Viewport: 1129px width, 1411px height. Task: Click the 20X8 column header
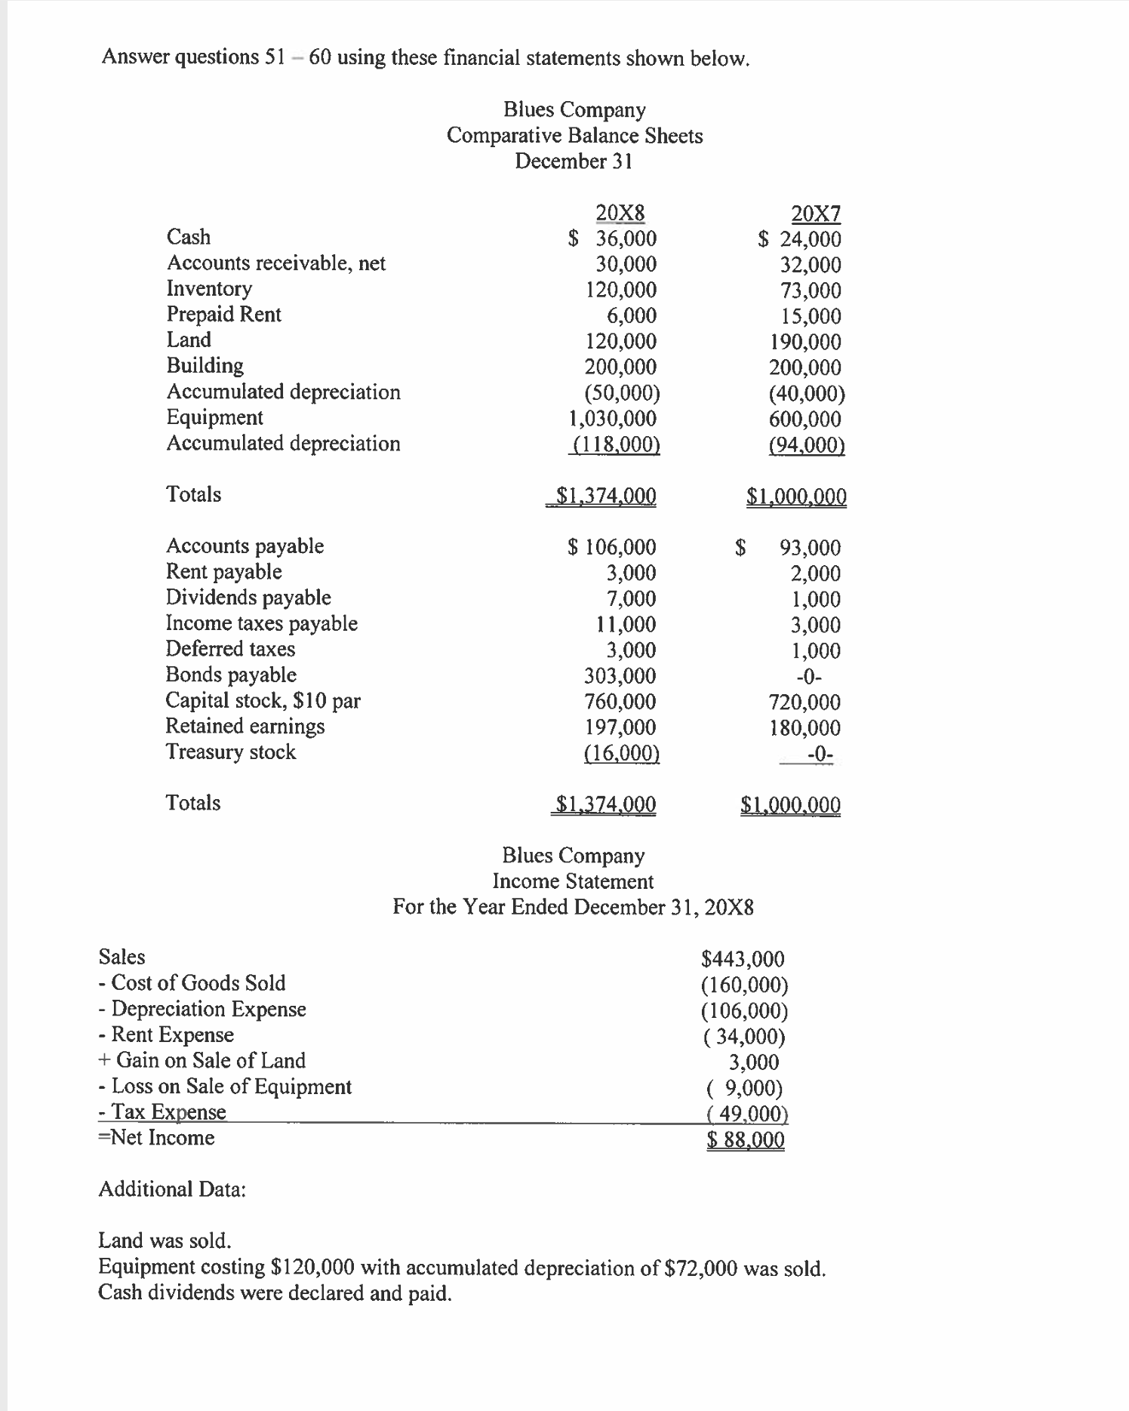click(620, 213)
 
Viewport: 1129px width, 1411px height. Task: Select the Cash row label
click(189, 237)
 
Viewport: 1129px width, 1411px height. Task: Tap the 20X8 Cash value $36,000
click(613, 239)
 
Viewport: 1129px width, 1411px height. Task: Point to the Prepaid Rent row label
click(223, 314)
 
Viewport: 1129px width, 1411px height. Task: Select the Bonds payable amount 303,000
click(620, 675)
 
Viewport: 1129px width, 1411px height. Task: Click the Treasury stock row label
click(231, 752)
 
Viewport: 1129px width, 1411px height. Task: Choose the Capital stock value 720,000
click(804, 702)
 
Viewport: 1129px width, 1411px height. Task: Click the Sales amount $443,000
click(743, 959)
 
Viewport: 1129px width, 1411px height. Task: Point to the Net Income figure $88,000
click(746, 1139)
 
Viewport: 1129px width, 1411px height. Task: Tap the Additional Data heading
click(172, 1189)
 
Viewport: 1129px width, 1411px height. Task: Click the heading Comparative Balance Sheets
click(574, 136)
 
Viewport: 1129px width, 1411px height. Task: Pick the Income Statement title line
click(573, 881)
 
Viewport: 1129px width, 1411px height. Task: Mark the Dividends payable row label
click(248, 598)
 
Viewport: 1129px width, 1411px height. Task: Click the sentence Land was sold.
click(165, 1240)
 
